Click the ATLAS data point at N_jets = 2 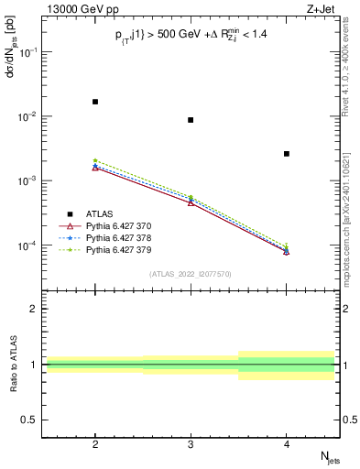coord(95,102)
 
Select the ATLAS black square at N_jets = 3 coord(191,120)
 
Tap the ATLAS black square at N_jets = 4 coord(287,154)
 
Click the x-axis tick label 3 coord(191,442)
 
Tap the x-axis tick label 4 coord(287,442)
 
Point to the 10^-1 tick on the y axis coord(29,52)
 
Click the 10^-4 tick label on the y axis coord(29,246)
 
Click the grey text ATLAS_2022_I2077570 coord(191,274)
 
